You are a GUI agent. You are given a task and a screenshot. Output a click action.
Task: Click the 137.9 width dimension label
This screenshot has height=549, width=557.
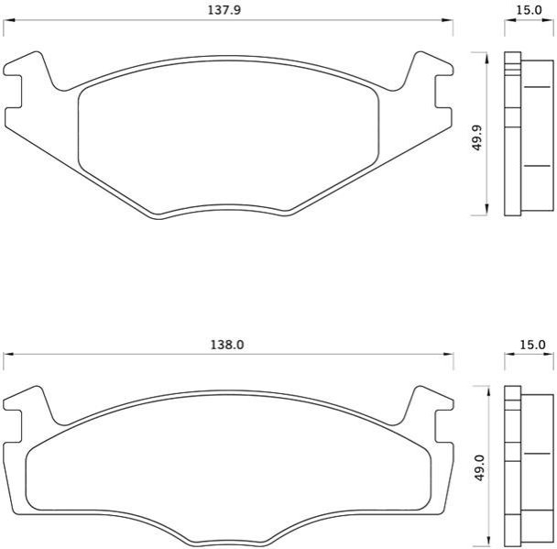(x=224, y=10)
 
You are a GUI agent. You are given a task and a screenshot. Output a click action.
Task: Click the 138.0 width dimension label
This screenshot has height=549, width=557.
(x=227, y=345)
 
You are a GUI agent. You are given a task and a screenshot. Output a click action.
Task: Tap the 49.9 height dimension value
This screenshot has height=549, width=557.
(x=477, y=137)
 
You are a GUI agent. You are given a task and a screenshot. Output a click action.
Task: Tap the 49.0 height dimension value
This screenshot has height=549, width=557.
(x=479, y=468)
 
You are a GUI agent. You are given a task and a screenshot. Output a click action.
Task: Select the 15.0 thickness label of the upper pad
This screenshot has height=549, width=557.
(x=529, y=10)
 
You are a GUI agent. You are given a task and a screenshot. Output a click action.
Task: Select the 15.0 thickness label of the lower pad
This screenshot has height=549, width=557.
(x=531, y=345)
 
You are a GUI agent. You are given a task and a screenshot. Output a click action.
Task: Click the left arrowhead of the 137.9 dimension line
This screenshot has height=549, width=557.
(x=8, y=20)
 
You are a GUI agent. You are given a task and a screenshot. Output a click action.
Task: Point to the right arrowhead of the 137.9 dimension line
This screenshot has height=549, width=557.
(x=447, y=20)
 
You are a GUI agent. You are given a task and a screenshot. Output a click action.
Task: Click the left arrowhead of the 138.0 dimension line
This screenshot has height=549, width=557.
(x=8, y=355)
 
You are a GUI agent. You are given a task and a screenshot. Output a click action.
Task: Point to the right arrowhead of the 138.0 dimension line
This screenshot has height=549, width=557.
(x=448, y=355)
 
